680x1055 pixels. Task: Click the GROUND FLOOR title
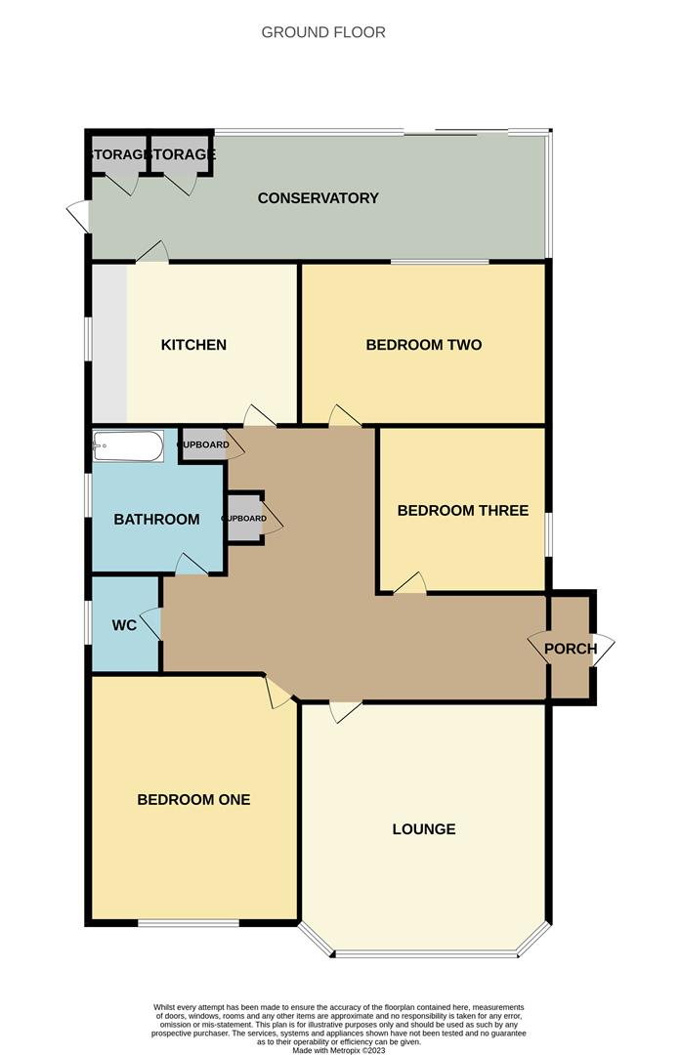pyautogui.click(x=323, y=32)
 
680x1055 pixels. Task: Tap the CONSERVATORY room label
pyautogui.click(x=318, y=198)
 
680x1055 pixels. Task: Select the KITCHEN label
pyautogui.click(x=193, y=345)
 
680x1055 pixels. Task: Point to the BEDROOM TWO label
pyautogui.click(x=424, y=345)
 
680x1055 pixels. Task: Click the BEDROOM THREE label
pyautogui.click(x=462, y=511)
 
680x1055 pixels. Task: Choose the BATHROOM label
pyautogui.click(x=156, y=520)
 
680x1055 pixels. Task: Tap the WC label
pyautogui.click(x=124, y=624)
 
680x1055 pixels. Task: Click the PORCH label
pyautogui.click(x=571, y=649)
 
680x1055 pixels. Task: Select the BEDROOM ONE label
pyautogui.click(x=193, y=800)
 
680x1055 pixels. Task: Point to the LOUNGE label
pyautogui.click(x=424, y=829)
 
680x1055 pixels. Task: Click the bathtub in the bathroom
pyautogui.click(x=128, y=447)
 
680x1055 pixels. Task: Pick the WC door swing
pyautogui.click(x=150, y=623)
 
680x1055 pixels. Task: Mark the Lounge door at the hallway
pyautogui.click(x=346, y=711)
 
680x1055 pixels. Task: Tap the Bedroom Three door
pyautogui.click(x=410, y=583)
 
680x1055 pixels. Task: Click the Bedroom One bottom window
pyautogui.click(x=188, y=922)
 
